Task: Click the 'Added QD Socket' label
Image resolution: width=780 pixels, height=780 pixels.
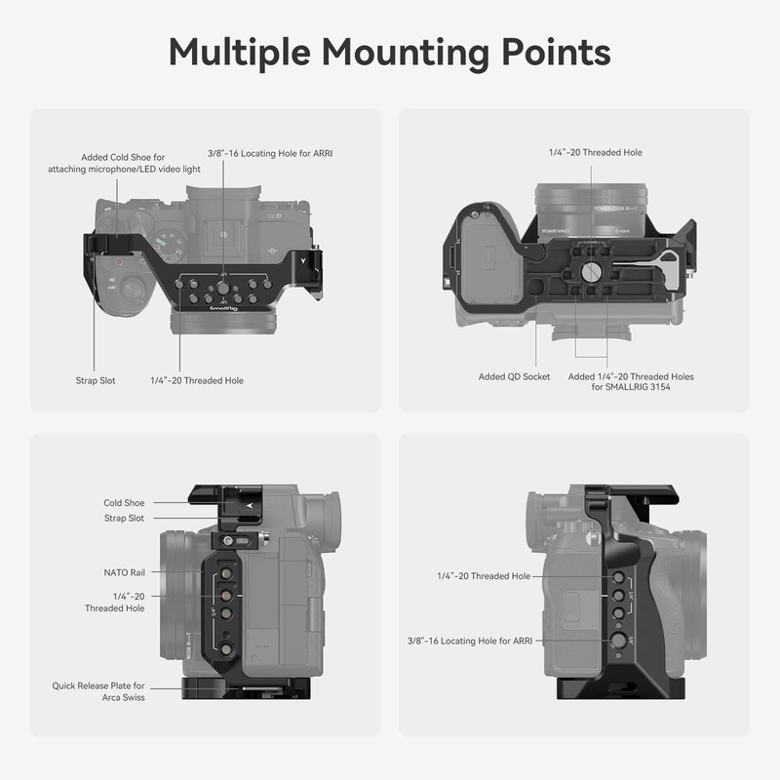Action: [x=514, y=376]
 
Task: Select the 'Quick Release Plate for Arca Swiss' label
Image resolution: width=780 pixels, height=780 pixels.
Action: [x=98, y=691]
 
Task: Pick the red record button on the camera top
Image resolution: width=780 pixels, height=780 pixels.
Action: [x=117, y=261]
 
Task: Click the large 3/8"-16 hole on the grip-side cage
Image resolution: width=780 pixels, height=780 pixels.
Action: [x=618, y=641]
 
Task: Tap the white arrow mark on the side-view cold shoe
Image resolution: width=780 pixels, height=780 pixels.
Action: [x=250, y=504]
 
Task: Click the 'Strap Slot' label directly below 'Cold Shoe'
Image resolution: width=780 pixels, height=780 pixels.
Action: [x=124, y=518]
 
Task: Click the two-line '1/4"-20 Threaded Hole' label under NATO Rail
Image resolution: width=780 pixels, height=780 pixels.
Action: [x=115, y=602]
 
